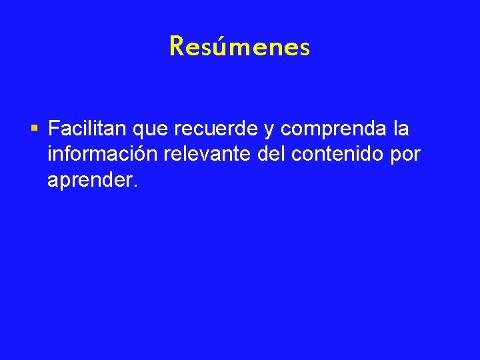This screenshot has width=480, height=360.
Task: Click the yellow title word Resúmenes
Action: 239,47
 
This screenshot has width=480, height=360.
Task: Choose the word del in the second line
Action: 273,154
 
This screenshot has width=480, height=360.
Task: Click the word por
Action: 406,156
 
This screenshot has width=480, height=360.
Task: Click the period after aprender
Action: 135,186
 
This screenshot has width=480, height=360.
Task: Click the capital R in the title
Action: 177,47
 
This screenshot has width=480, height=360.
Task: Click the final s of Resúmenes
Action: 305,49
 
